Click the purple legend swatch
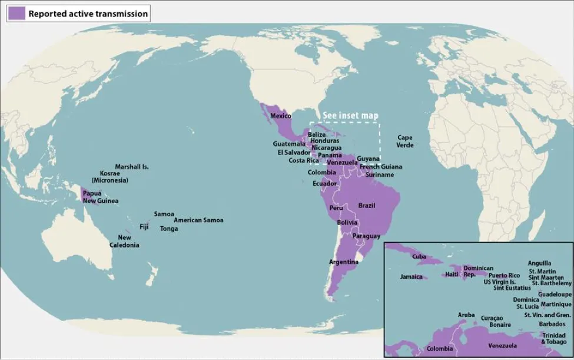coord(17,14)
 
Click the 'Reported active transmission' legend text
coord(88,14)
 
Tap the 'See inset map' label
coord(350,115)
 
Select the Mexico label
coord(281,116)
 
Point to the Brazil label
coord(367,206)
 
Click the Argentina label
coord(344,262)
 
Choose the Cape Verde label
coord(405,141)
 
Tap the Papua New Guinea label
coord(100,197)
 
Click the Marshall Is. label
coord(132,167)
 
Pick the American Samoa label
coord(198,220)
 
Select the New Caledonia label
coord(125,241)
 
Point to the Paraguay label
coord(366,236)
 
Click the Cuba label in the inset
coord(419,257)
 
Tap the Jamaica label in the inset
coord(411,276)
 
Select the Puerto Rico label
coord(505,275)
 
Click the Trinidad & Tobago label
coord(554,338)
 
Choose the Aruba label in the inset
coord(466,315)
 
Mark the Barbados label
coord(552,324)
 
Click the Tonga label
coord(169,229)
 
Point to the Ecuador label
coord(324,183)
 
